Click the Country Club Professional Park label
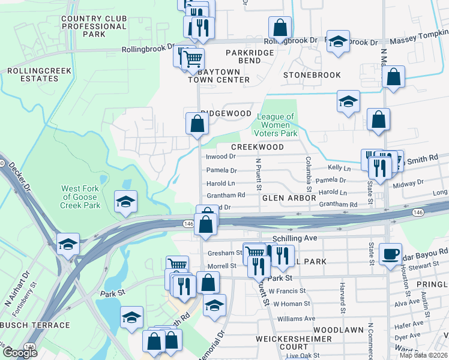[x=94, y=26]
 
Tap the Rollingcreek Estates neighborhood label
[x=39, y=75]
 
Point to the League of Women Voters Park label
[x=276, y=125]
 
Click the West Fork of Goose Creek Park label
[x=81, y=197]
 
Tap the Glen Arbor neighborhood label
[x=289, y=197]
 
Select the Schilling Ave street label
[x=294, y=238]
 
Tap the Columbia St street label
[x=308, y=172]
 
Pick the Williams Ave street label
[x=296, y=319]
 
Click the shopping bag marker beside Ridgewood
[x=197, y=124]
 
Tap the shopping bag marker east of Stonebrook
[x=393, y=77]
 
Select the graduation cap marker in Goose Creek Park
[x=125, y=202]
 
